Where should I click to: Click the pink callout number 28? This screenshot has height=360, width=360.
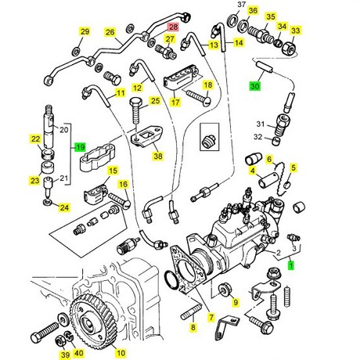pos(174,27)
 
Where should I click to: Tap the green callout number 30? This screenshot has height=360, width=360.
pos(255,86)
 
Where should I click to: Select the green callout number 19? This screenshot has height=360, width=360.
pos(80,147)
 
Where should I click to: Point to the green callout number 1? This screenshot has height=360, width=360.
pos(290,265)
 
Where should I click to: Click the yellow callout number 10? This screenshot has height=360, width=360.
pos(121,353)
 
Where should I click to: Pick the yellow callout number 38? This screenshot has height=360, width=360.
pos(158,156)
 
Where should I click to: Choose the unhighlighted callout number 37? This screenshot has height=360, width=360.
pos(242,5)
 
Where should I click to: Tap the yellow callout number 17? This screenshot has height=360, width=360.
pos(175,102)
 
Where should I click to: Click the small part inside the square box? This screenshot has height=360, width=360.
pos(209,139)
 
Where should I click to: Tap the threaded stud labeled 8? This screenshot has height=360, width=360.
pos(191,312)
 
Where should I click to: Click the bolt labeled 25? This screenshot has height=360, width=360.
pos(136,111)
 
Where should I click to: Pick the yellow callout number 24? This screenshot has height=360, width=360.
pos(64,207)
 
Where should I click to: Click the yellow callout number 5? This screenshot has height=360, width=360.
pos(293,167)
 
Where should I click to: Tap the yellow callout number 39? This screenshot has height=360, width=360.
pos(65,355)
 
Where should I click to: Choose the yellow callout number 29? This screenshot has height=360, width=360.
pos(85,31)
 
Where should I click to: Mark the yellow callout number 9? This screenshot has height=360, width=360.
pos(236,302)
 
